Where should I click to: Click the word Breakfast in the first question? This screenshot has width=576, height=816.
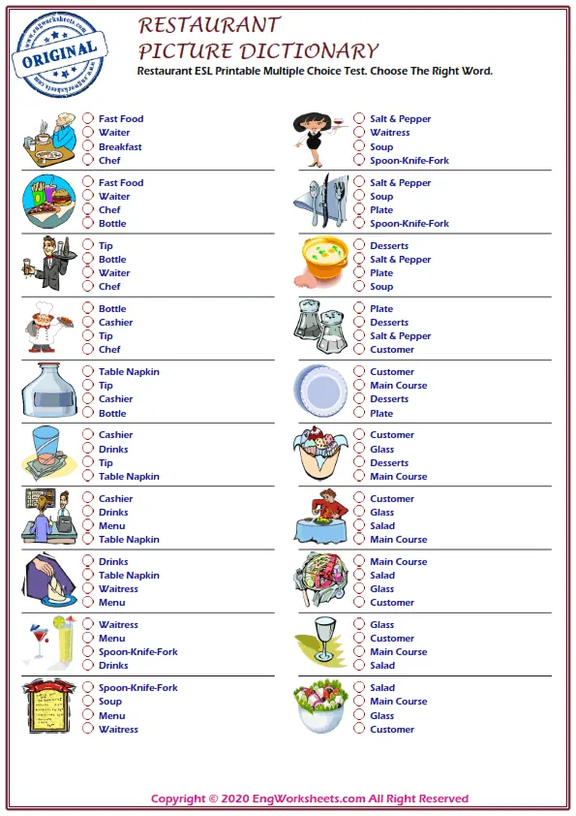click(x=120, y=147)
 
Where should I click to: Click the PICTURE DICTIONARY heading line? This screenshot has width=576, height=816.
click(x=258, y=51)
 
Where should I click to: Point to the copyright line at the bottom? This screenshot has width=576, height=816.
click(x=310, y=800)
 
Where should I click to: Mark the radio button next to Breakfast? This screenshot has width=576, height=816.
click(x=88, y=147)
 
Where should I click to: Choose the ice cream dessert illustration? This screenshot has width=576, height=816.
click(x=320, y=454)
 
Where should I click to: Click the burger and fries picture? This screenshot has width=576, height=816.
click(x=48, y=202)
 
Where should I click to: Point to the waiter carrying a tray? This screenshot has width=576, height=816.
click(x=45, y=264)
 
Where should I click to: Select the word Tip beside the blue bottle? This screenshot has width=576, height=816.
click(x=106, y=386)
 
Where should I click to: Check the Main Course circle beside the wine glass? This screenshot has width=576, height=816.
click(x=359, y=652)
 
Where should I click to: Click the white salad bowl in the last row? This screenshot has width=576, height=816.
click(x=322, y=707)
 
